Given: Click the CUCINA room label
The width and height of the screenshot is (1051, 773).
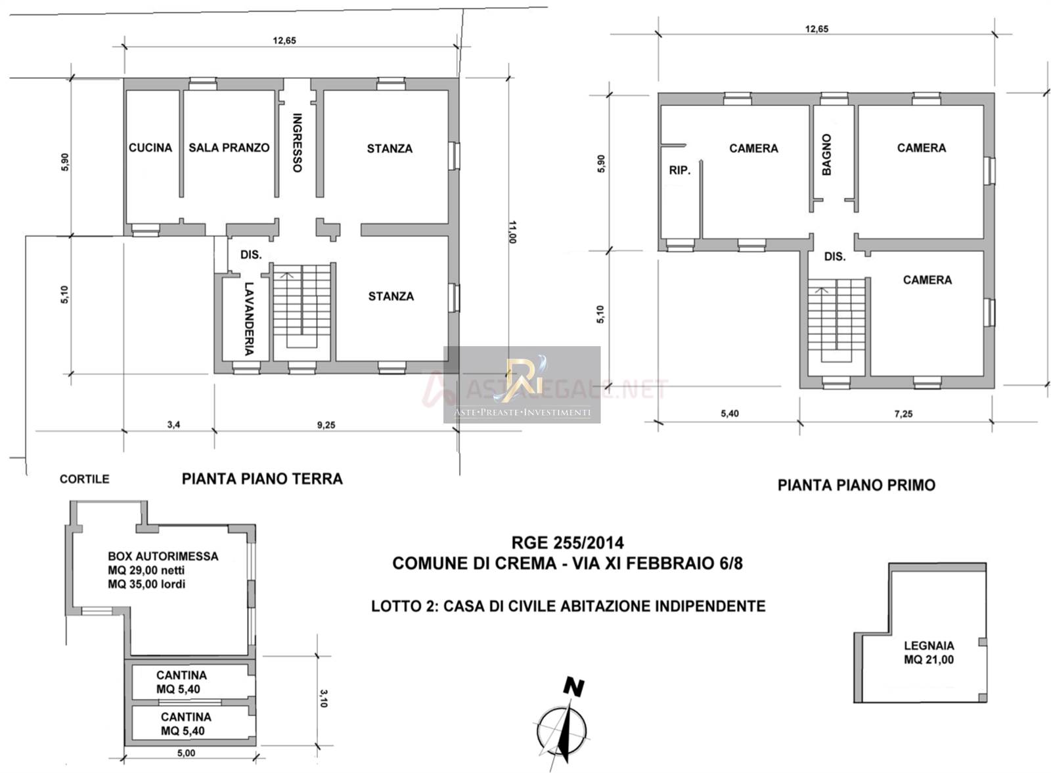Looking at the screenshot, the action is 150,148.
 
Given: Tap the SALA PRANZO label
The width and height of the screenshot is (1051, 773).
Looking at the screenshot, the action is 229,148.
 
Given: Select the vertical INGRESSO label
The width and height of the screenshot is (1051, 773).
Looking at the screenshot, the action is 297,143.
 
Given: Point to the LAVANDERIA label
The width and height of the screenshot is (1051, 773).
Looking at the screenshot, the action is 249,319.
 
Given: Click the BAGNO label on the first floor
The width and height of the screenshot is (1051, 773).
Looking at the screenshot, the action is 827,155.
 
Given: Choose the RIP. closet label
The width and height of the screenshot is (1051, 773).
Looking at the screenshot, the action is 680,170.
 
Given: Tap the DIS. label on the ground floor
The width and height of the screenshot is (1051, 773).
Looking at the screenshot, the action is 251,255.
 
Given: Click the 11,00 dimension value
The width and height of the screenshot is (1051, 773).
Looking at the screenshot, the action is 512,232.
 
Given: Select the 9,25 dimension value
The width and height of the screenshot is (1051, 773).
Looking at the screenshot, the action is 326,425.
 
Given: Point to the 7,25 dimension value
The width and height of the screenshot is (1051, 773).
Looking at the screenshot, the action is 903,414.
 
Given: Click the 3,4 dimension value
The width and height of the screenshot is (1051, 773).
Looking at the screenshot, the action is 173,424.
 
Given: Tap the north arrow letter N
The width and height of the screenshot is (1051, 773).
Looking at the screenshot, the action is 573,687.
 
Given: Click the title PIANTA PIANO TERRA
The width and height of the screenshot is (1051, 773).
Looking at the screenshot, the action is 262,479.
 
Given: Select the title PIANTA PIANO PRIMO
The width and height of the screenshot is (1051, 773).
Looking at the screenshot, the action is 857,485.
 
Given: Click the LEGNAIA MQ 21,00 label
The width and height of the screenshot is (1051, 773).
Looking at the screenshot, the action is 929,652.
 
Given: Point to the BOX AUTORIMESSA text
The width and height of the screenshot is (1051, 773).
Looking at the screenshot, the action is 163,556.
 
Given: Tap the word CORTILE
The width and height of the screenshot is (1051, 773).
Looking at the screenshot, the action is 85,479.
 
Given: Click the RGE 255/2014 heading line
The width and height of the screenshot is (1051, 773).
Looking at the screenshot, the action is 568,542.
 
